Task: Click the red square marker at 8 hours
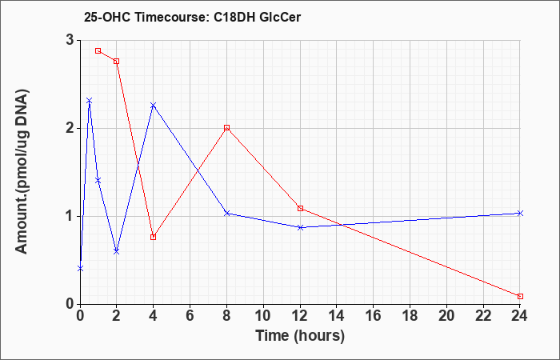(226, 128)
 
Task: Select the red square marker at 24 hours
(520, 297)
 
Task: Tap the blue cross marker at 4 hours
(154, 106)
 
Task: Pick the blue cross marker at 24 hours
(520, 214)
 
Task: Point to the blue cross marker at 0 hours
(80, 268)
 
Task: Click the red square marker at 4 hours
(154, 237)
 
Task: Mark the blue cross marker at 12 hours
(300, 227)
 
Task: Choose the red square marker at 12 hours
(300, 208)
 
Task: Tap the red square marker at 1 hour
(98, 50)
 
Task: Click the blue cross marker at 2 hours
(117, 251)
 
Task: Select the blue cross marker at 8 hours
(226, 214)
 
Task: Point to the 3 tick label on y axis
(70, 40)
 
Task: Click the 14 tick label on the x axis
(337, 316)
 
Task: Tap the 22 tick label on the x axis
(483, 316)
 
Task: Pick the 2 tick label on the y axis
(70, 129)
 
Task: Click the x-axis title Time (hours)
(300, 336)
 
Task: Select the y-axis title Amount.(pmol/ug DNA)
(22, 171)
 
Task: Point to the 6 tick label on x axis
(190, 316)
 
